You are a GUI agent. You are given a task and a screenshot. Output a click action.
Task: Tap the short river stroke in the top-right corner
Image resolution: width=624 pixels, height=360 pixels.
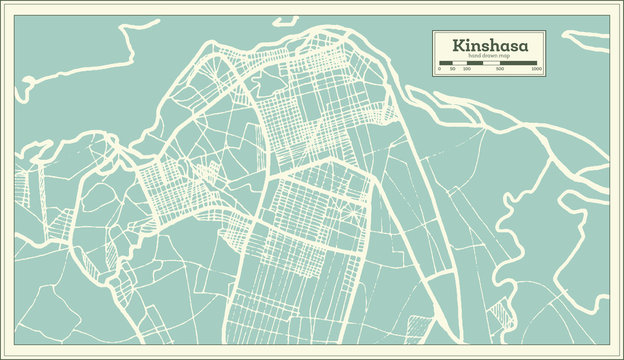[x=586, y=40]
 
